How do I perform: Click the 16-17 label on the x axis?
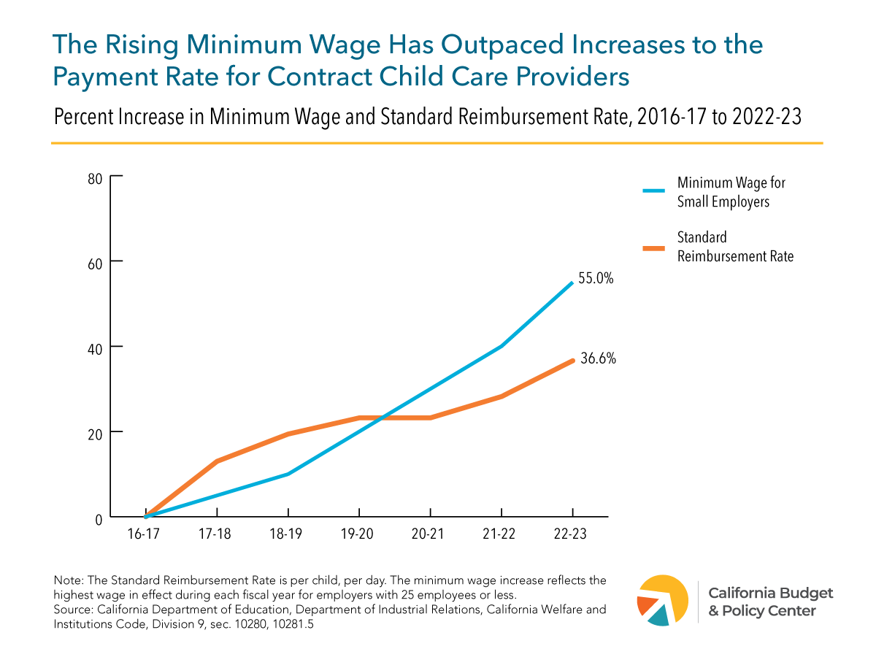tap(143, 534)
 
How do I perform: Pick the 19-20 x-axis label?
tap(357, 534)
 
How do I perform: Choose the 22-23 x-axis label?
tap(570, 534)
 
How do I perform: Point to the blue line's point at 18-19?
tap(288, 474)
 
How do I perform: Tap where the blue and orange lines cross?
tap(382, 418)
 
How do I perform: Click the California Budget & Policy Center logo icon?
tap(662, 600)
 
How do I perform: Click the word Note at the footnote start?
tap(68, 580)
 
